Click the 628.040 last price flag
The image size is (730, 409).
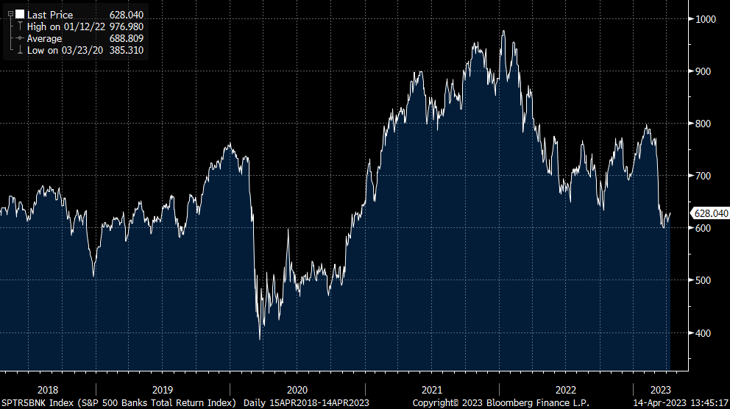click(710, 213)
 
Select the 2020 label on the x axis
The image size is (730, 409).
click(297, 390)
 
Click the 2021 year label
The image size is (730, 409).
click(432, 390)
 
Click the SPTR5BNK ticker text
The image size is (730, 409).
click(24, 403)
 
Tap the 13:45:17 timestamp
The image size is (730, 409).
click(705, 403)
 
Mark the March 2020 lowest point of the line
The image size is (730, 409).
click(260, 340)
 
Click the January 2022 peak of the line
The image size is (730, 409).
click(503, 31)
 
